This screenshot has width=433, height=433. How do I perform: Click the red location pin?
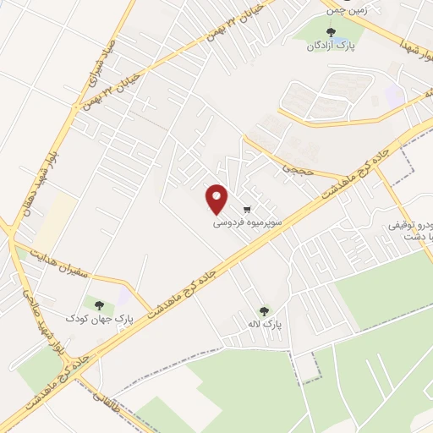217,199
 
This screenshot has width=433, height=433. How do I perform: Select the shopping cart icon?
247,209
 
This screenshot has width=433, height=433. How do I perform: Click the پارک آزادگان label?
330,47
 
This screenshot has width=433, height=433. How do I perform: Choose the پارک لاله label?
270,325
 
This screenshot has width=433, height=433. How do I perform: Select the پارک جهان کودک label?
100,319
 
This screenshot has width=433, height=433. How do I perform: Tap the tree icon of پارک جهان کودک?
99,305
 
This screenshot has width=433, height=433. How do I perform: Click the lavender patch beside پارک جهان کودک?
123,299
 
